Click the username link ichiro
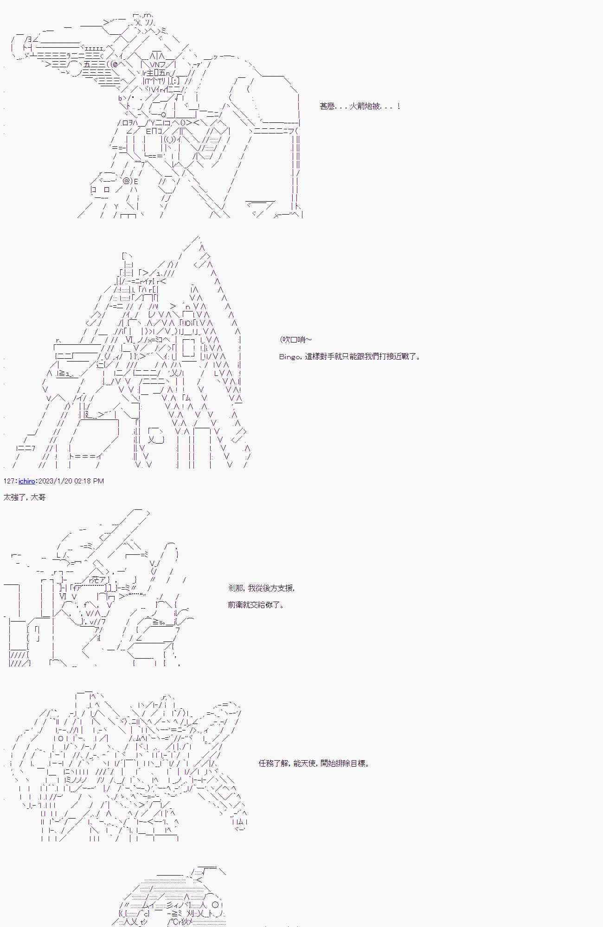click(x=27, y=481)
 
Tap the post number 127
click(x=9, y=481)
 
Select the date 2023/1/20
click(x=55, y=481)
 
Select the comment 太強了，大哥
click(x=25, y=497)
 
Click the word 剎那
click(x=236, y=588)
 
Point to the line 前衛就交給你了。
click(x=256, y=605)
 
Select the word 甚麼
click(x=327, y=106)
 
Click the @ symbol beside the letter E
click(x=126, y=181)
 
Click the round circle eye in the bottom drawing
click(x=215, y=904)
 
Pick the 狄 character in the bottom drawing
click(x=184, y=922)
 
